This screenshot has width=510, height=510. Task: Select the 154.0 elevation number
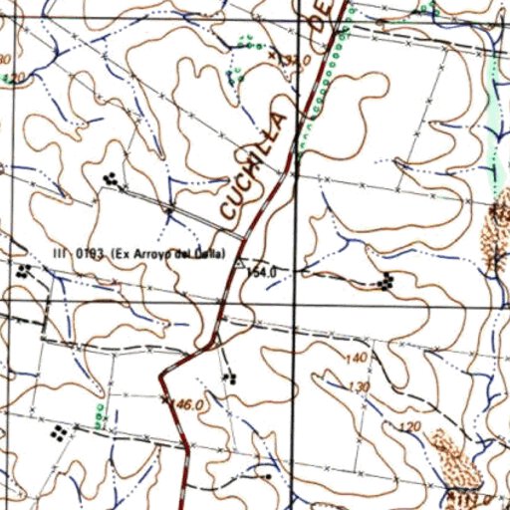click(x=261, y=271)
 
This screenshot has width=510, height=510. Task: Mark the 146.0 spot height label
click(x=188, y=405)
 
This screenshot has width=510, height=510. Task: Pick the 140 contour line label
click(x=356, y=359)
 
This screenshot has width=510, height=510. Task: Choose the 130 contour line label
click(x=360, y=386)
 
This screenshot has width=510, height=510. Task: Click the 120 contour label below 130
click(x=406, y=426)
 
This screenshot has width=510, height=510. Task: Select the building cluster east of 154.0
click(x=385, y=282)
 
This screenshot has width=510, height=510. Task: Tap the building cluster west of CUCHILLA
click(x=112, y=179)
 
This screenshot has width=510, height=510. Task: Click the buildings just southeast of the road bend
click(x=231, y=377)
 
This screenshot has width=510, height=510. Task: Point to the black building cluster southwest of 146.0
click(x=61, y=432)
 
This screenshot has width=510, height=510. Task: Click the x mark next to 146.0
click(x=166, y=399)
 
